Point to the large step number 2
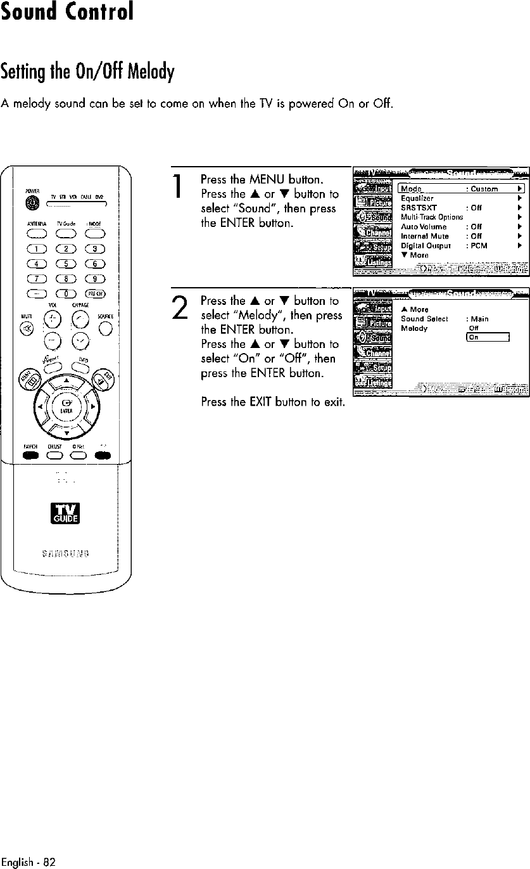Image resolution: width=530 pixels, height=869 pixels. click(179, 316)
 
